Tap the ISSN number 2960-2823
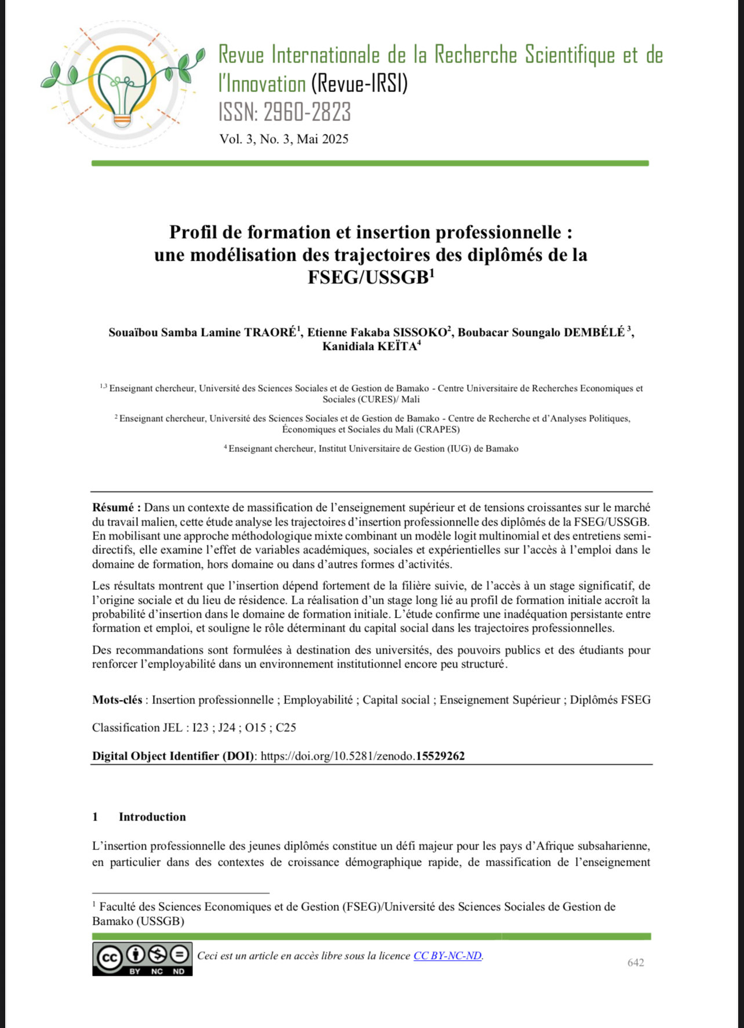[x=307, y=112]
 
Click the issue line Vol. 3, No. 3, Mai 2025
[x=284, y=139]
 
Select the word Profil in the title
[x=192, y=232]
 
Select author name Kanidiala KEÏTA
[x=370, y=347]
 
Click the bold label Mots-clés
[x=117, y=700]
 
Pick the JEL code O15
[x=256, y=728]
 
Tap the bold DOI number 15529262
[x=440, y=756]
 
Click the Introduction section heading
[x=152, y=817]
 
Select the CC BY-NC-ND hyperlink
[x=447, y=956]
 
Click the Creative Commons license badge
[x=143, y=959]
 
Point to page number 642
[x=636, y=963]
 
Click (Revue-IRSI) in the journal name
[x=359, y=85]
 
